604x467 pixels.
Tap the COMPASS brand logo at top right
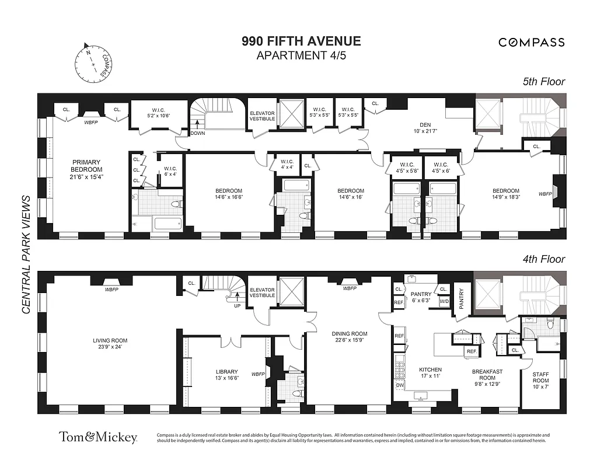point(531,42)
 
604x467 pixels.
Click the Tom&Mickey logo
point(97,437)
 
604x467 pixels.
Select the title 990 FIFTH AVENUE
point(301,41)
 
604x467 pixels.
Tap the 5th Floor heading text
point(543,82)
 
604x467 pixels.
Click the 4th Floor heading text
point(543,259)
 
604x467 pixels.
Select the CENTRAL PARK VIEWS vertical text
point(26,255)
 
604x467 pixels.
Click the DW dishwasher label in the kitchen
point(399,385)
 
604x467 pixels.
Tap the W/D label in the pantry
point(444,302)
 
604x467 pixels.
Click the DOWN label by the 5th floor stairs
point(198,133)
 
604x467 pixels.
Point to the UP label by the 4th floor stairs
point(237,305)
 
